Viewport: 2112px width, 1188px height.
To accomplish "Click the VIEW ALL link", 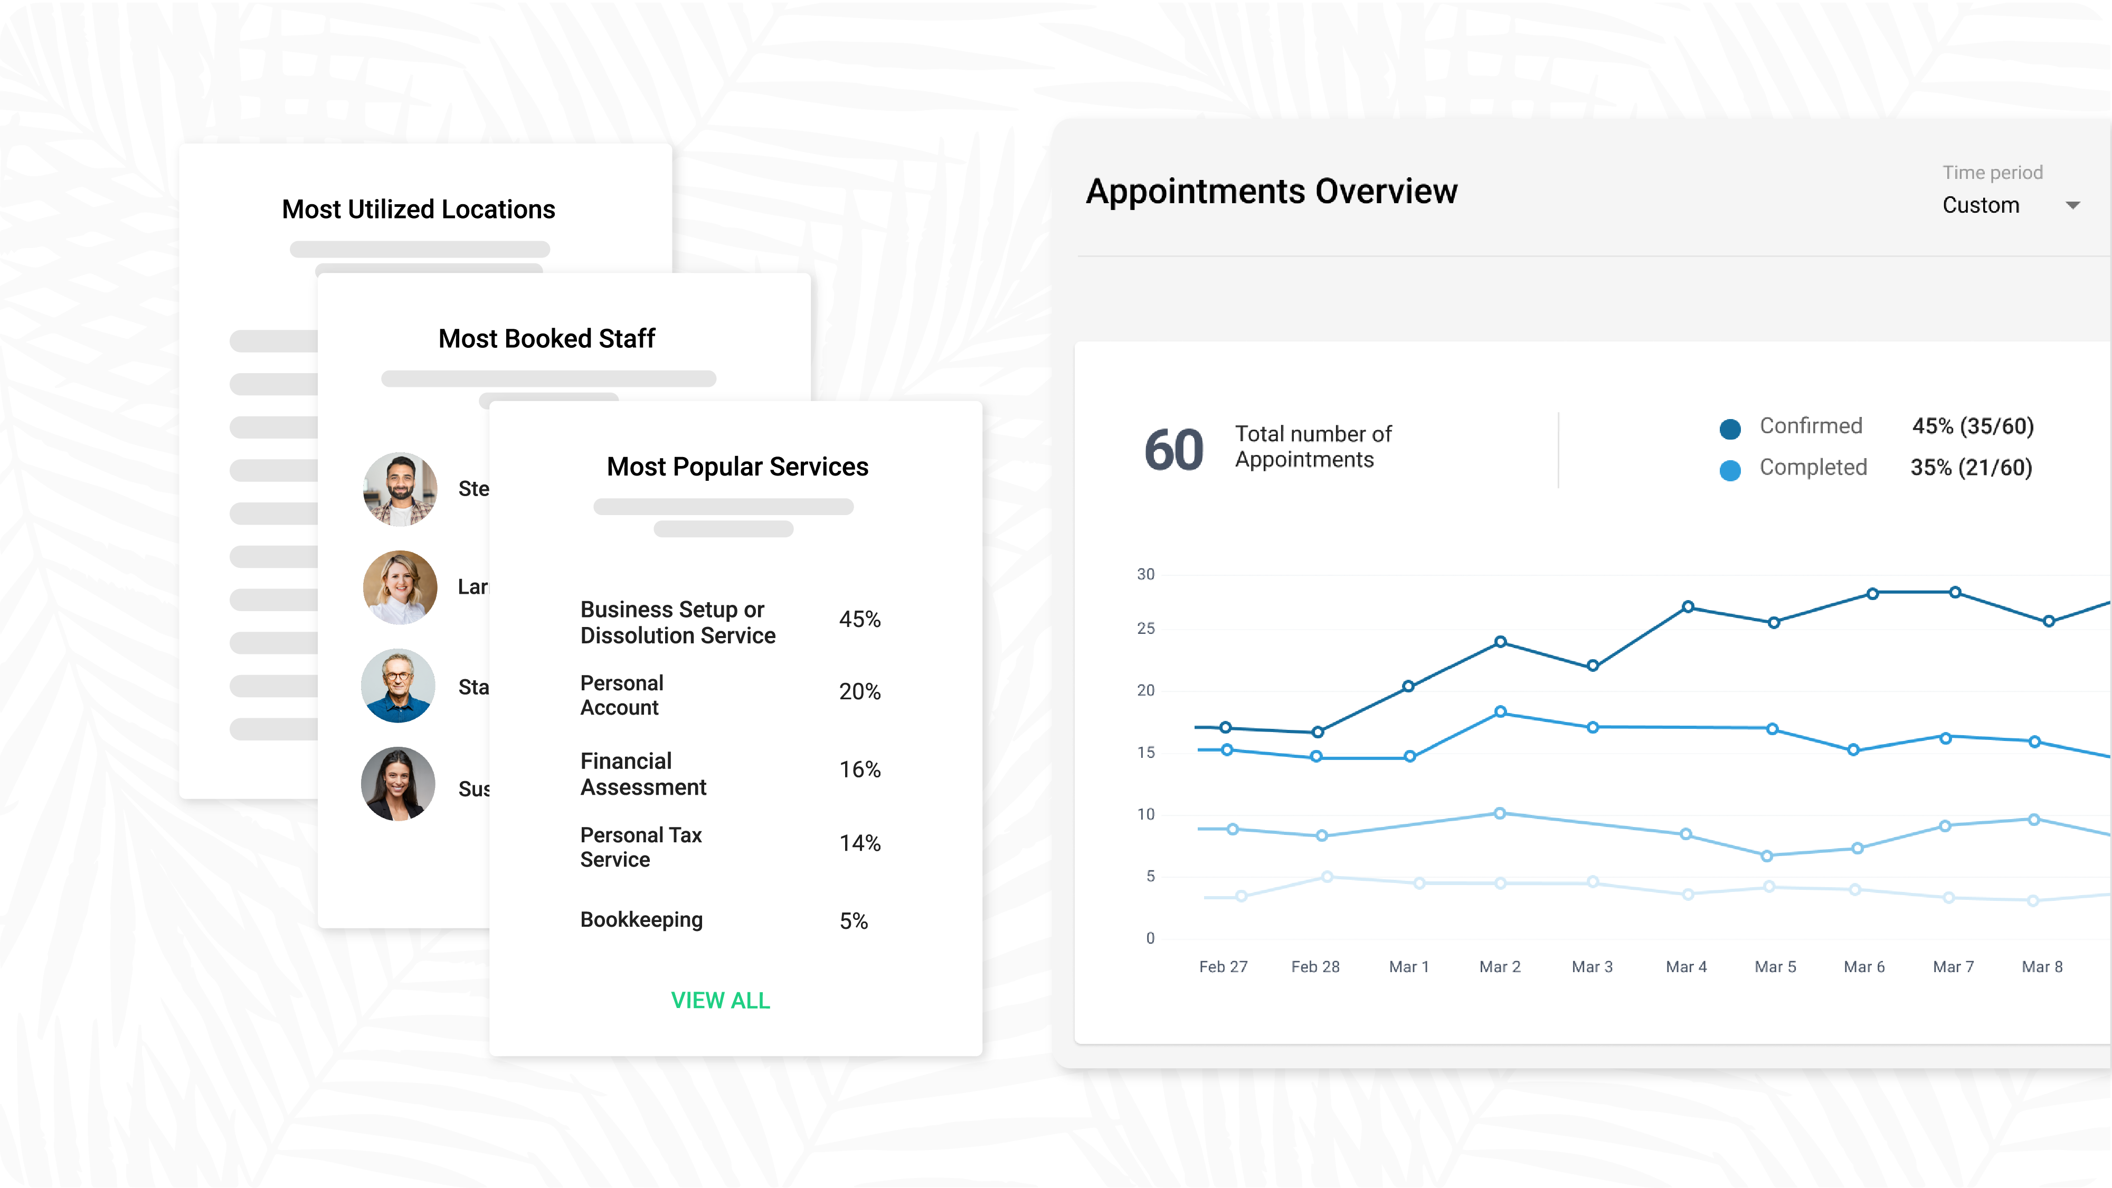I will (720, 1000).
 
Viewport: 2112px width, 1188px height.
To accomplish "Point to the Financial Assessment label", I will (643, 773).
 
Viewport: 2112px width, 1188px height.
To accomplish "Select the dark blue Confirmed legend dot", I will (1730, 428).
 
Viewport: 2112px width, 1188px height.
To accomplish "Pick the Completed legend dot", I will (1730, 470).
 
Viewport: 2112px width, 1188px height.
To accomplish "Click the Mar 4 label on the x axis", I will (1685, 967).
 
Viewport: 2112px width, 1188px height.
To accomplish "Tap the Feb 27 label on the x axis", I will (1223, 967).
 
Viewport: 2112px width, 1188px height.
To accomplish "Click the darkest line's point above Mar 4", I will (1687, 607).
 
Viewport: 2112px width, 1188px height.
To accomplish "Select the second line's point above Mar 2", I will (1500, 711).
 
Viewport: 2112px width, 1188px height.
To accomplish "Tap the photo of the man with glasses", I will (397, 686).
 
